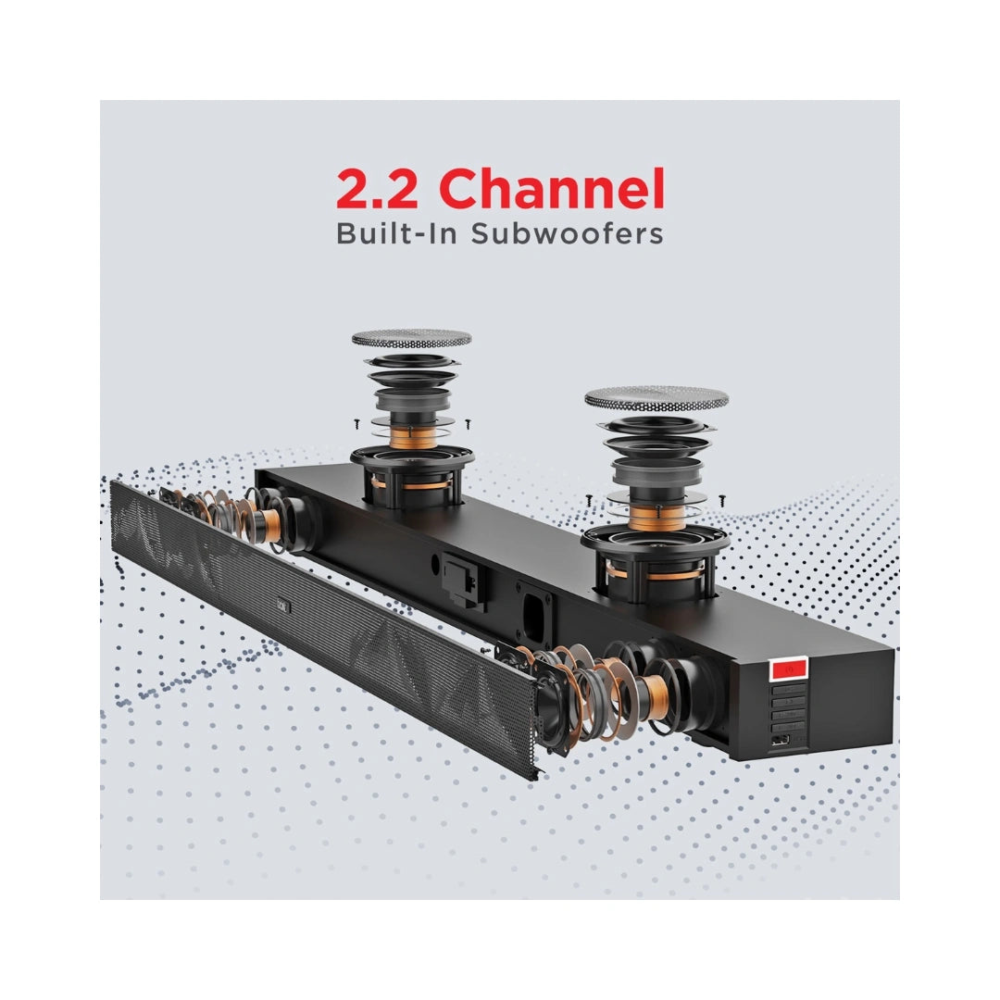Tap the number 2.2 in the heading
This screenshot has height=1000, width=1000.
click(378, 190)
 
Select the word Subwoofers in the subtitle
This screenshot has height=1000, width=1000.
click(567, 233)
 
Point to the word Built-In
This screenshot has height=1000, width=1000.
click(396, 233)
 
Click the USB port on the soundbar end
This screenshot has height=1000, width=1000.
click(780, 741)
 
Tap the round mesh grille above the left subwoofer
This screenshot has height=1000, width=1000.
click(412, 338)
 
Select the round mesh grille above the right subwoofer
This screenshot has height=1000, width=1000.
click(656, 398)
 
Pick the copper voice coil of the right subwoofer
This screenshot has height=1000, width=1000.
click(656, 517)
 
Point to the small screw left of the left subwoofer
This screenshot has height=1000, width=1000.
click(357, 423)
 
